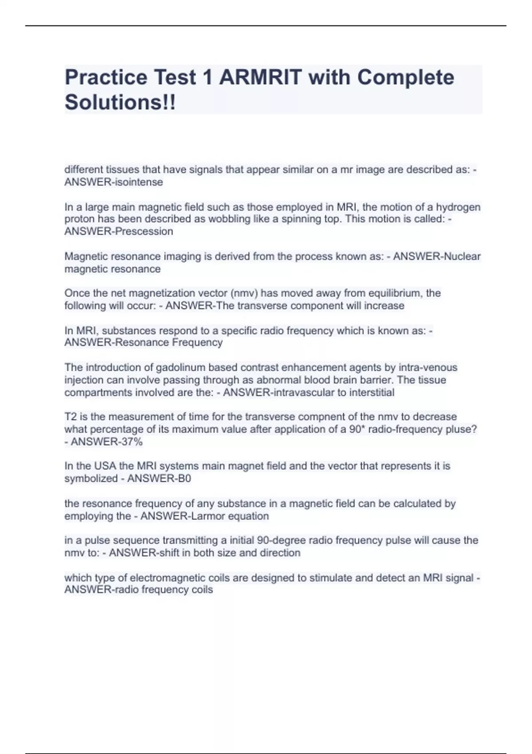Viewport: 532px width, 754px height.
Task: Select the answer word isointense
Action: coord(139,182)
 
